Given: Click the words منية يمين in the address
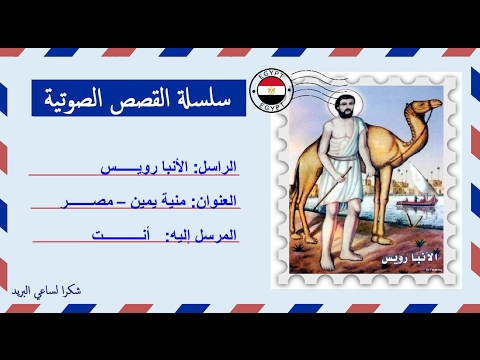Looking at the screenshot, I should click(x=140, y=200).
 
